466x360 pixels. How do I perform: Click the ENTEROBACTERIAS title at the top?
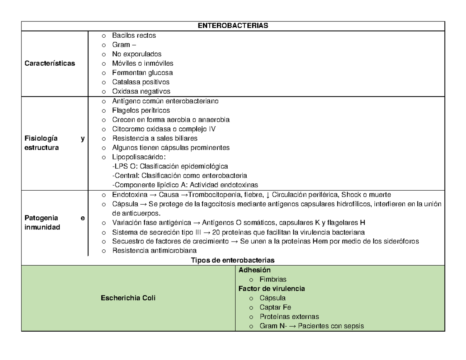233,26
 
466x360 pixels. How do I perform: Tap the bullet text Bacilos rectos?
134,35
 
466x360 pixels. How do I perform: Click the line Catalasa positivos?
141,82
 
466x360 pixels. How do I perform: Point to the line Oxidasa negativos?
141,91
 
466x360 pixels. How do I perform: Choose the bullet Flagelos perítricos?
141,110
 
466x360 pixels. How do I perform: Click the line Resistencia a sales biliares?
155,138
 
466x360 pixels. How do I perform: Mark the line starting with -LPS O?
170,166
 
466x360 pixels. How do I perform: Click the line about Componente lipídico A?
185,185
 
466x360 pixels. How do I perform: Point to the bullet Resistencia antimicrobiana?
154,250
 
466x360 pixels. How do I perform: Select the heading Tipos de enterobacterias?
233,260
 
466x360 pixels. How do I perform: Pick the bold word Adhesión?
254,270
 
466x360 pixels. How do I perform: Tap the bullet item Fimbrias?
273,279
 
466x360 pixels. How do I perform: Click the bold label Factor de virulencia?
271,289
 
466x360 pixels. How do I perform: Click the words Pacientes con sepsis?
334,326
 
